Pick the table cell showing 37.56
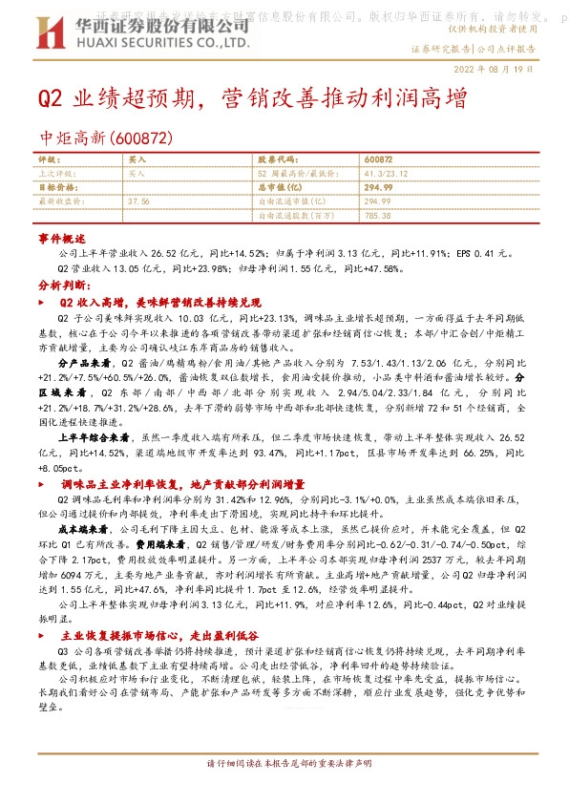tap(139, 202)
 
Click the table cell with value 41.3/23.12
tap(385, 175)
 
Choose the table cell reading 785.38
tap(378, 216)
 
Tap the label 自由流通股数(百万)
tap(290, 216)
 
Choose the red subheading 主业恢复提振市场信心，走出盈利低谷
tap(170, 660)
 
